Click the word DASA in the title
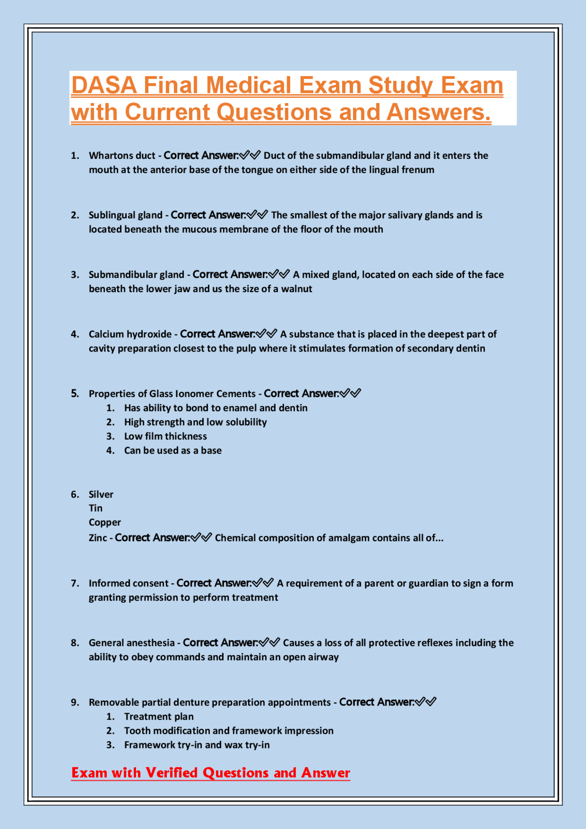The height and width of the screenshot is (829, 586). [x=104, y=86]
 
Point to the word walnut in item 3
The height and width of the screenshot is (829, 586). [x=297, y=289]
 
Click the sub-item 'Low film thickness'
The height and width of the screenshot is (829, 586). [x=165, y=436]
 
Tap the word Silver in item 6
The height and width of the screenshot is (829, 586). [x=101, y=494]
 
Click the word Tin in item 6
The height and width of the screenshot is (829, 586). [x=96, y=508]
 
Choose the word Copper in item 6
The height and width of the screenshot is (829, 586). [x=105, y=522]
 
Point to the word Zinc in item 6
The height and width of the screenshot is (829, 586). [x=98, y=538]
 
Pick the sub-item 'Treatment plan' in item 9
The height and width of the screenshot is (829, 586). [x=159, y=716]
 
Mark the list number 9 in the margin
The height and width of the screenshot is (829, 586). [x=75, y=702]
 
